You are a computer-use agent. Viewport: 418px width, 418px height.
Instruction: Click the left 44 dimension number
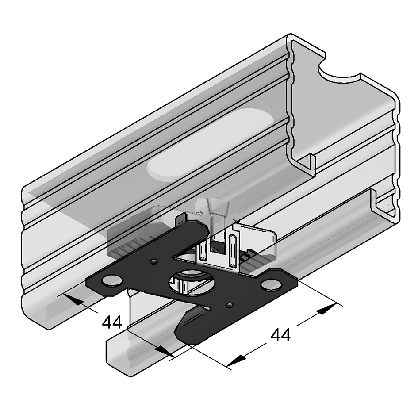[112, 322]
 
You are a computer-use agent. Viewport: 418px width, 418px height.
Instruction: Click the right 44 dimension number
[280, 335]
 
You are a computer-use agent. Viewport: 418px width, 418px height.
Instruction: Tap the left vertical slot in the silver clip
[203, 252]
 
